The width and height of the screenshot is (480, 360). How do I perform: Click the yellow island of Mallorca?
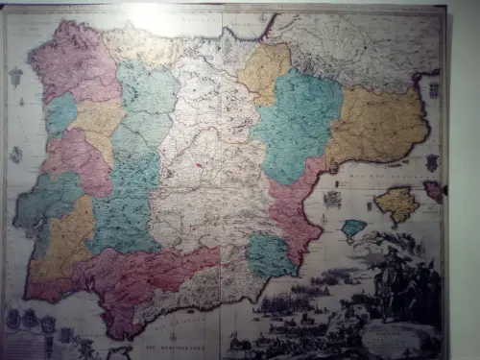point(396,204)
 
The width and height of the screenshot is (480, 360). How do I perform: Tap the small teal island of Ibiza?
point(354,228)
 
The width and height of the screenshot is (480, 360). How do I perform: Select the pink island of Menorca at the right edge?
point(434,190)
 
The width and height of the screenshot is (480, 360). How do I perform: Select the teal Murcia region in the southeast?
point(271,255)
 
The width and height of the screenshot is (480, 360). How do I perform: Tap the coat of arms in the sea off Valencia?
point(333,199)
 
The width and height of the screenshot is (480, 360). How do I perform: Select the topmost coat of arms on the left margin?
point(15,77)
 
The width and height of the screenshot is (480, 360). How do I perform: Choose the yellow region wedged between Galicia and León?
point(96,120)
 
